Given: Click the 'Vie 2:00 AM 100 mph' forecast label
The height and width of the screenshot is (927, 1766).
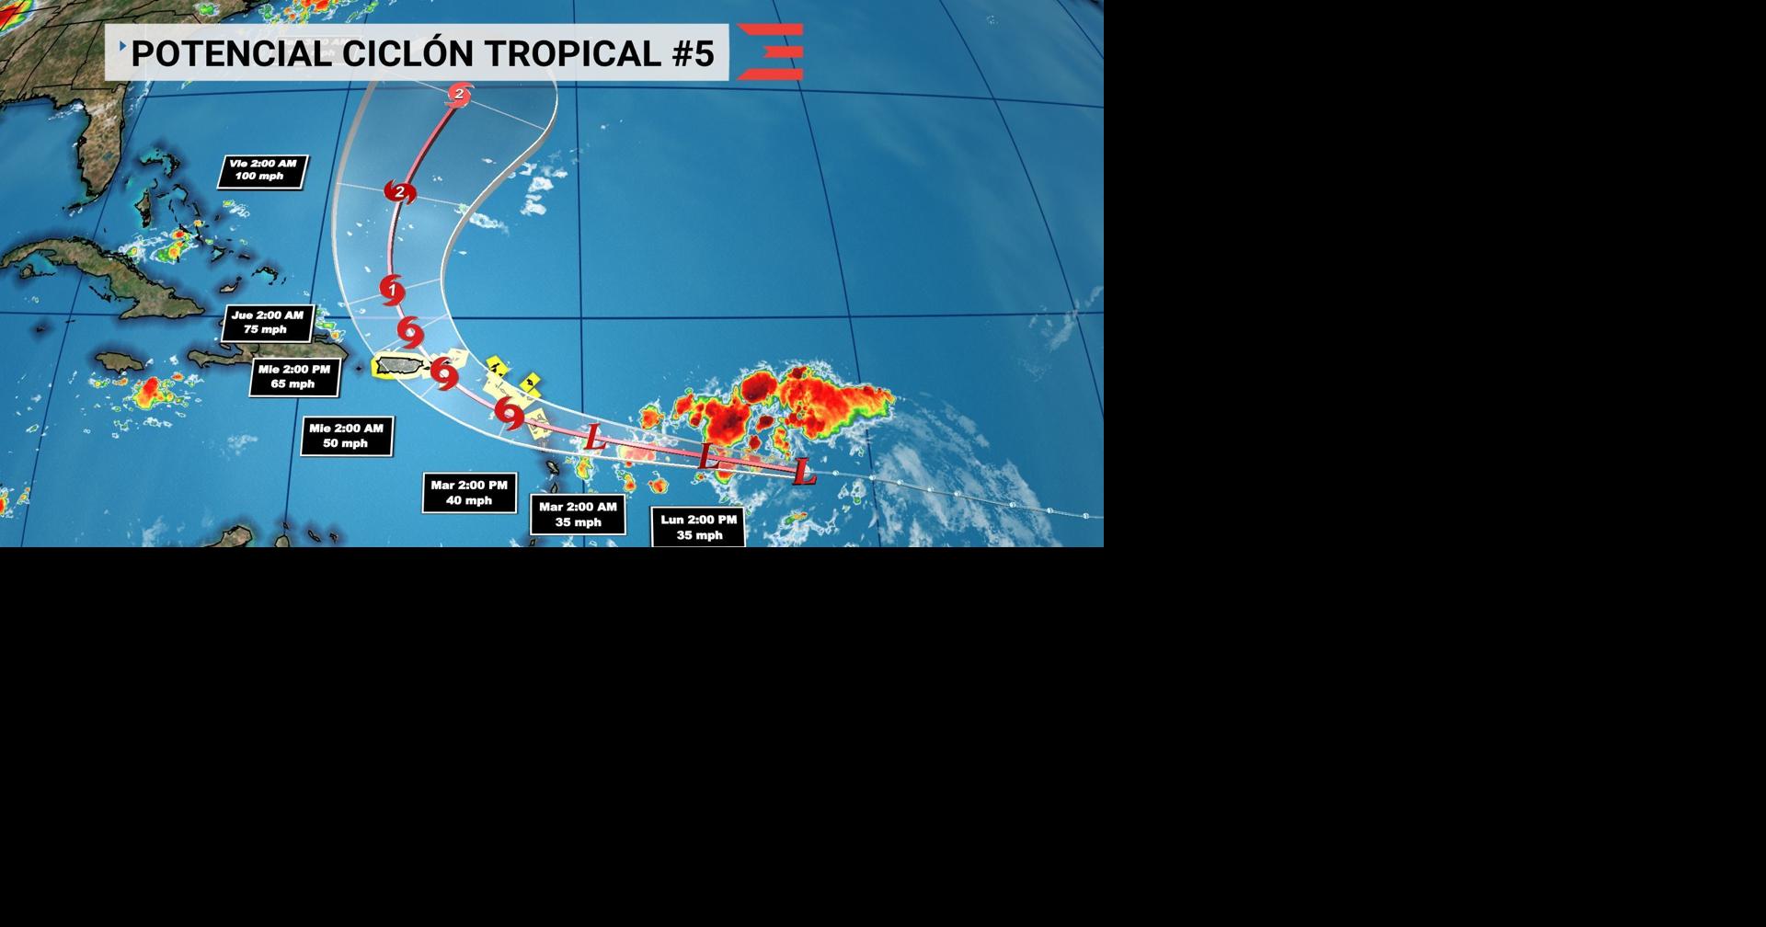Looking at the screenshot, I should coord(262,171).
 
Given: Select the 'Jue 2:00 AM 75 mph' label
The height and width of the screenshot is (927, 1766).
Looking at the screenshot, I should coord(267,323).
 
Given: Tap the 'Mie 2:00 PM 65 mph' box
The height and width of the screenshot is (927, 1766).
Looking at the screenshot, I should coord(294,377).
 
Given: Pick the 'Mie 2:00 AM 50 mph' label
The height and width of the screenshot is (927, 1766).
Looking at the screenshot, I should coord(346,436).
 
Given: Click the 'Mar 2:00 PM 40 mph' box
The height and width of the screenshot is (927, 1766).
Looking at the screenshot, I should coord(469,493).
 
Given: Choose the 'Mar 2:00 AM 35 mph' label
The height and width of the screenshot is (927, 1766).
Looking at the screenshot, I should coord(578,515).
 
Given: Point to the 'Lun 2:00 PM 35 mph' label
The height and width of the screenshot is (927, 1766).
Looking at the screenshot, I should coord(698,528).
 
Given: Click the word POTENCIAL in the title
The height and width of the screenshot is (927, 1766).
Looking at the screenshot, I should coord(231,53).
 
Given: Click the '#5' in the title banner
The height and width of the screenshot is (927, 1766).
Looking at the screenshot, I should coord(693,53).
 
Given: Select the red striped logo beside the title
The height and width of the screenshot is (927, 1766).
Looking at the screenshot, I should coord(771,51).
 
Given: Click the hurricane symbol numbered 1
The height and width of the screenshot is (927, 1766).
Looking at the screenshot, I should coord(393,291).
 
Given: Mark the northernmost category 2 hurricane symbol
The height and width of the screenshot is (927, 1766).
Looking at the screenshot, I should coord(459,94).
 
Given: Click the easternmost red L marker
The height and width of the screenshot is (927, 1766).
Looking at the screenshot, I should coord(804,473).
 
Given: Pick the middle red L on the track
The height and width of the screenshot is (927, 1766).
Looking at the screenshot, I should coord(706,456).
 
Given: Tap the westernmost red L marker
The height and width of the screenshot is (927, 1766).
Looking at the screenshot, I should coord(595,438).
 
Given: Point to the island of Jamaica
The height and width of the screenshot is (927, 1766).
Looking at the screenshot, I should coord(120,361).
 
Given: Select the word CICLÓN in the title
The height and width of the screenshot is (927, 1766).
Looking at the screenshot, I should coord(407,53).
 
